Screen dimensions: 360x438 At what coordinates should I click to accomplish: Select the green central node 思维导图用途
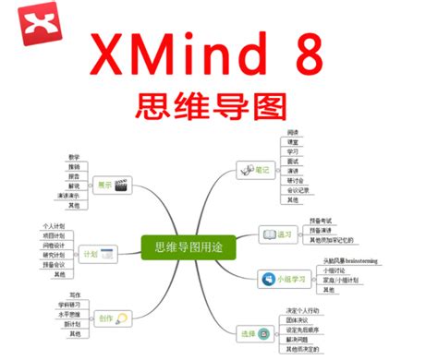[189, 247]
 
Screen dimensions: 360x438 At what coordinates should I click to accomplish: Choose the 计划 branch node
[91, 253]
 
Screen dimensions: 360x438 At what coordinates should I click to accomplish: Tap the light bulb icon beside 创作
[121, 318]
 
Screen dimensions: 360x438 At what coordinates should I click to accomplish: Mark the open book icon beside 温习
[267, 234]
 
